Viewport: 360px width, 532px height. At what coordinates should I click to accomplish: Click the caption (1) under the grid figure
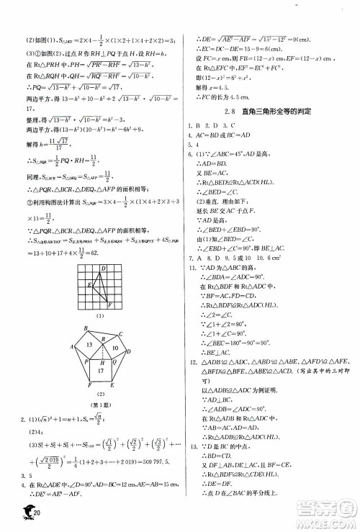click(101, 315)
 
